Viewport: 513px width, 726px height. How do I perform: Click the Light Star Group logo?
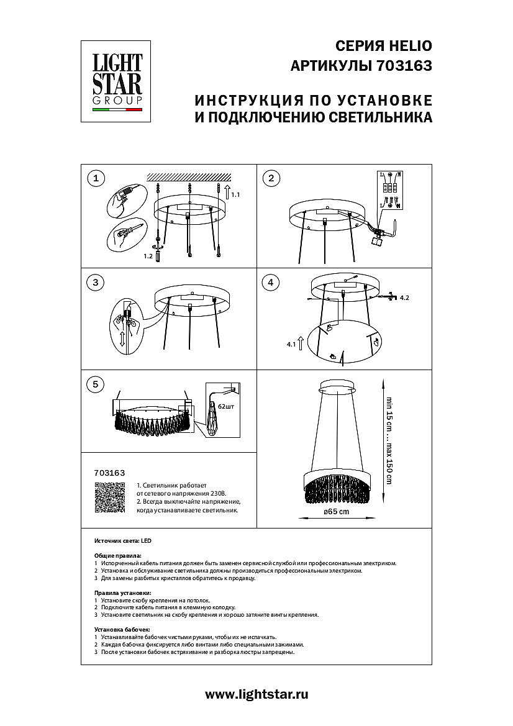point(118,82)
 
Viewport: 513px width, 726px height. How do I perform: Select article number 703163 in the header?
point(404,66)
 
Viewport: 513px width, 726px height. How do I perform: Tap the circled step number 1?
point(95,179)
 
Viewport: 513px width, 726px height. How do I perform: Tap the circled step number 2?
point(270,179)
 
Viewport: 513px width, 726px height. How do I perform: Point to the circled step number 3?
point(95,283)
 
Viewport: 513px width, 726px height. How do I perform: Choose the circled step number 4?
point(270,283)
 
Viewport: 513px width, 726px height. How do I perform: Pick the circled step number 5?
point(95,384)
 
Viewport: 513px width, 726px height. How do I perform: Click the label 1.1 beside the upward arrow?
point(235,195)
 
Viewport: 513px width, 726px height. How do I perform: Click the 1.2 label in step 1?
point(148,255)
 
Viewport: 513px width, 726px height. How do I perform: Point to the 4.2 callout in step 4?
point(404,298)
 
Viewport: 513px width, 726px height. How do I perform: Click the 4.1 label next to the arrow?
point(290,343)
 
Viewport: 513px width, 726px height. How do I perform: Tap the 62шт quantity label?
point(225,406)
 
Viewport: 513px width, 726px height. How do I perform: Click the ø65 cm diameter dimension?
point(337,511)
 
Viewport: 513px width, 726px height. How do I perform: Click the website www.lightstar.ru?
point(256,694)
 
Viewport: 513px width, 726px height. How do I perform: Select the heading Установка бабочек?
point(122,629)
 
